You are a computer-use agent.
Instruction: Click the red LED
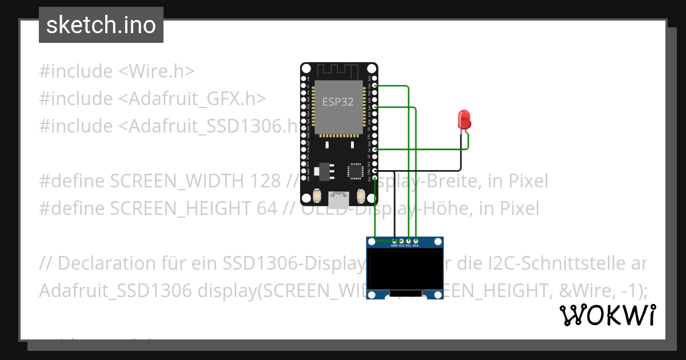pos(464,119)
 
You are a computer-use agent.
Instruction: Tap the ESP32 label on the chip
pos(337,102)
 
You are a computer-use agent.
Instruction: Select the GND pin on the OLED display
pos(394,241)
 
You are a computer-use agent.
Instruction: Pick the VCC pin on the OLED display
pos(401,241)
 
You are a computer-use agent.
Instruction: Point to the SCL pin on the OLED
pos(409,241)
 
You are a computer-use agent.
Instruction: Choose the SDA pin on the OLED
pos(416,241)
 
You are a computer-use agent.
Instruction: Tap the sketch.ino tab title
pos(101,25)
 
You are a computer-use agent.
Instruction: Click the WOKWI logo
pos(607,315)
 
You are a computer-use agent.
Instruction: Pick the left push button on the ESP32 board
pos(316,196)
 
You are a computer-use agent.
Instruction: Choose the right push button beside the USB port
pos(361,196)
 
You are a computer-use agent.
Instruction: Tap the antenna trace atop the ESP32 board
pos(337,71)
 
